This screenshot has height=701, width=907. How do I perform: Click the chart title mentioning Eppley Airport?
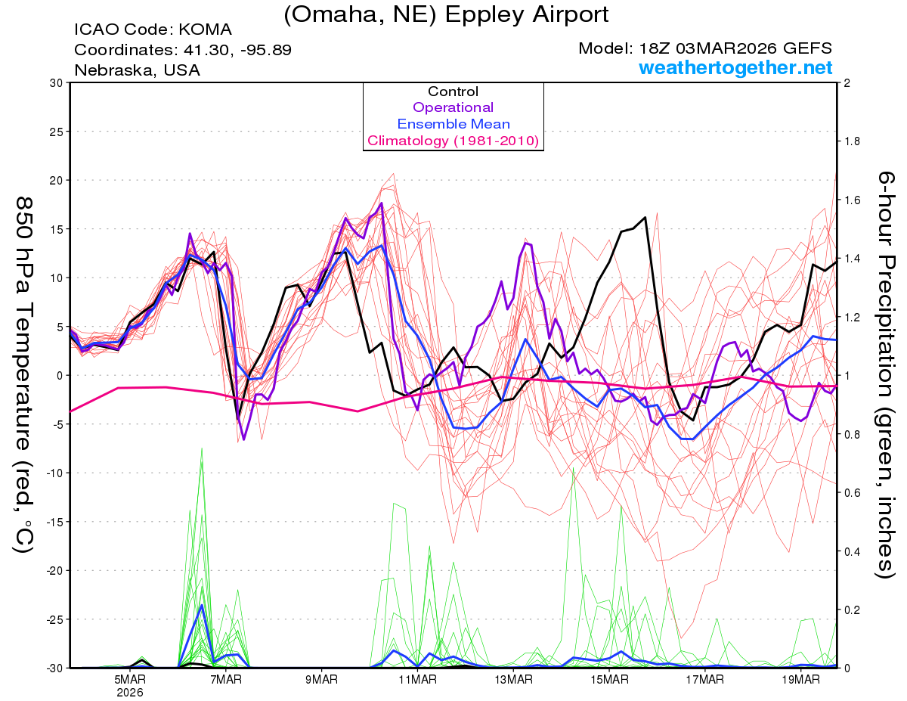pos(446,14)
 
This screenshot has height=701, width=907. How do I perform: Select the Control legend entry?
pos(453,92)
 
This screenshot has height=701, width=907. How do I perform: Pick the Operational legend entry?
pos(453,107)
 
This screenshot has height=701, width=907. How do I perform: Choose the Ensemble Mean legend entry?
pos(453,124)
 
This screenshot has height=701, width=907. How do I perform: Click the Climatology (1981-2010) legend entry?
pos(453,141)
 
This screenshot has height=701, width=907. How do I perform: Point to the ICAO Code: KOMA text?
pos(153,30)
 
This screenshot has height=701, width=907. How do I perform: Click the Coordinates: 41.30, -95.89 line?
pos(183,50)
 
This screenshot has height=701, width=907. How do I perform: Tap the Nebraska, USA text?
pos(137,70)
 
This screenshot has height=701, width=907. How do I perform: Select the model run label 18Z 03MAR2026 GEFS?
pos(705,48)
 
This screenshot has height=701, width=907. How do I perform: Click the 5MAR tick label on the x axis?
pos(130,680)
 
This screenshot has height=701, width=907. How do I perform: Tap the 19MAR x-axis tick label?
pos(800,680)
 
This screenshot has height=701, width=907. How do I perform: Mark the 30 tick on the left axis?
pos(54,83)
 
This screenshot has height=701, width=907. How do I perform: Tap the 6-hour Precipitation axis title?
pos(884,375)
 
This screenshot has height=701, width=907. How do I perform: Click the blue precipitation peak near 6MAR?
pos(202,606)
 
